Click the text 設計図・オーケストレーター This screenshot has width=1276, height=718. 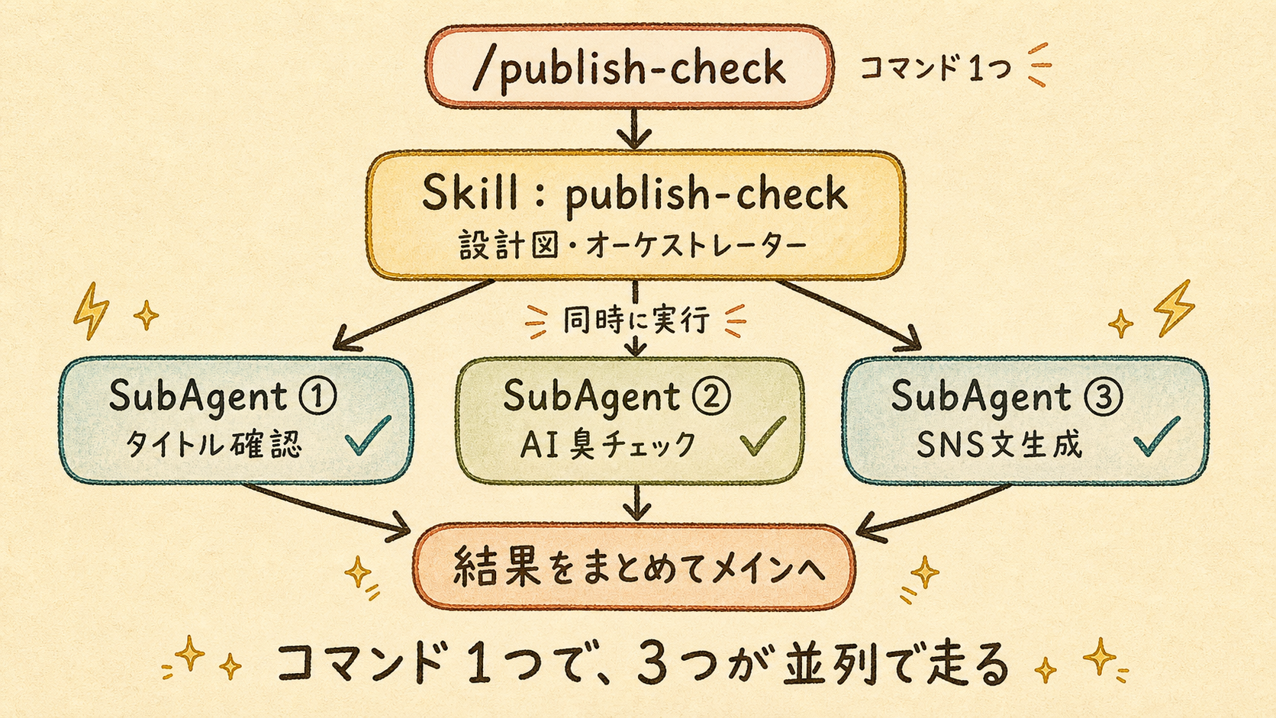pos(633,246)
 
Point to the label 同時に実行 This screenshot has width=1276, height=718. pos(636,320)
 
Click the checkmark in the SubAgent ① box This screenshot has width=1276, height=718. pos(369,436)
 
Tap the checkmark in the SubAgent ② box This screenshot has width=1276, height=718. pos(762,436)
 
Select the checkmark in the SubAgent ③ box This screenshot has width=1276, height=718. pos(1156,436)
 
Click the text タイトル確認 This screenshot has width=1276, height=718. pos(213,444)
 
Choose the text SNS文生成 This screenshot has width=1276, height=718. pos(998,444)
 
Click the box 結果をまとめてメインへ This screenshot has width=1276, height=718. pos(634,567)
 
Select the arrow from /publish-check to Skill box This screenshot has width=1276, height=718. pos(633,129)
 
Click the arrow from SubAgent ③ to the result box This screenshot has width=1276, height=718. pos(933,513)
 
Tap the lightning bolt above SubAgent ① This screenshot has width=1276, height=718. pos(91,311)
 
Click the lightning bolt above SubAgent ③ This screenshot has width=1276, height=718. pos(1174,307)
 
